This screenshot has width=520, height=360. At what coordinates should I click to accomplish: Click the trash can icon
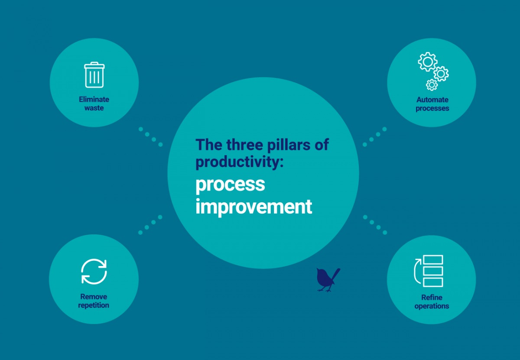(x=94, y=75)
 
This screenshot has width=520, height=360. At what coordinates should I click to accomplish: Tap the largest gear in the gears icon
(x=427, y=62)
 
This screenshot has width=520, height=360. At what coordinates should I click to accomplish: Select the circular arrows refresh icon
(x=94, y=272)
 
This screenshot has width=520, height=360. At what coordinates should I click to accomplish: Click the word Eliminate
(x=94, y=99)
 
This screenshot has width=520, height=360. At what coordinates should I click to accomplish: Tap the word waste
(x=94, y=108)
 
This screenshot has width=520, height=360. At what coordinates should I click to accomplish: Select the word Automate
(x=432, y=100)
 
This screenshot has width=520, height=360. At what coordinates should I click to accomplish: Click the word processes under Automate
(x=432, y=108)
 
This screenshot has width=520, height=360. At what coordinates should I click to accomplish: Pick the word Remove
(x=94, y=297)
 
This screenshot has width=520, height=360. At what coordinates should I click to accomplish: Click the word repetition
(x=94, y=305)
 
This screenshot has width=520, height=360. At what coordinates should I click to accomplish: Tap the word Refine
(x=432, y=298)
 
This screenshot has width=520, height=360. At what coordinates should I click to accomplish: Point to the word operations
(x=432, y=306)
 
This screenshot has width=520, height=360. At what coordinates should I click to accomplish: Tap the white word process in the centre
(x=230, y=185)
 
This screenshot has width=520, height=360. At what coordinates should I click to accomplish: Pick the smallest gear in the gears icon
(x=432, y=84)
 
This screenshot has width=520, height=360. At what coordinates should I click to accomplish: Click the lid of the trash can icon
(x=94, y=65)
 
